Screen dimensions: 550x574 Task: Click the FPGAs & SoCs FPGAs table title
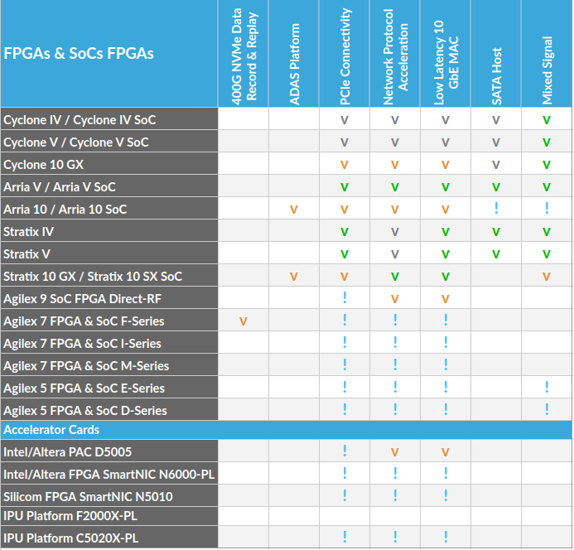click(79, 54)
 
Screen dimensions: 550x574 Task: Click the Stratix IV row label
click(29, 232)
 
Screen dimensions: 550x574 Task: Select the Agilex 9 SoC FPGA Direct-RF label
click(82, 299)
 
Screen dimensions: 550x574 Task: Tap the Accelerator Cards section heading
click(51, 430)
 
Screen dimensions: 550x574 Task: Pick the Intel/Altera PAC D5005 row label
click(68, 452)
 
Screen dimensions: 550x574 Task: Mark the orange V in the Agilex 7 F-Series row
click(244, 321)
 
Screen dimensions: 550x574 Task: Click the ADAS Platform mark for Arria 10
click(294, 210)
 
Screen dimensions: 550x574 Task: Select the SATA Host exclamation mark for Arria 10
click(496, 209)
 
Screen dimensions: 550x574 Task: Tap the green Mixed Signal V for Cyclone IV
click(547, 120)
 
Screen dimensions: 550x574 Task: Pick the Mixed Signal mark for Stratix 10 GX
click(547, 277)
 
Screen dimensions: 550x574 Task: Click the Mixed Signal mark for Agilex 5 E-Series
click(547, 388)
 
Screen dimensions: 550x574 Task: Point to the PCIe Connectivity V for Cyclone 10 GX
click(345, 165)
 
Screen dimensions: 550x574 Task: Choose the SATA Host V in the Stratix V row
click(496, 254)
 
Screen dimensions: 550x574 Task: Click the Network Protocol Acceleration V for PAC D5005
click(395, 452)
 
